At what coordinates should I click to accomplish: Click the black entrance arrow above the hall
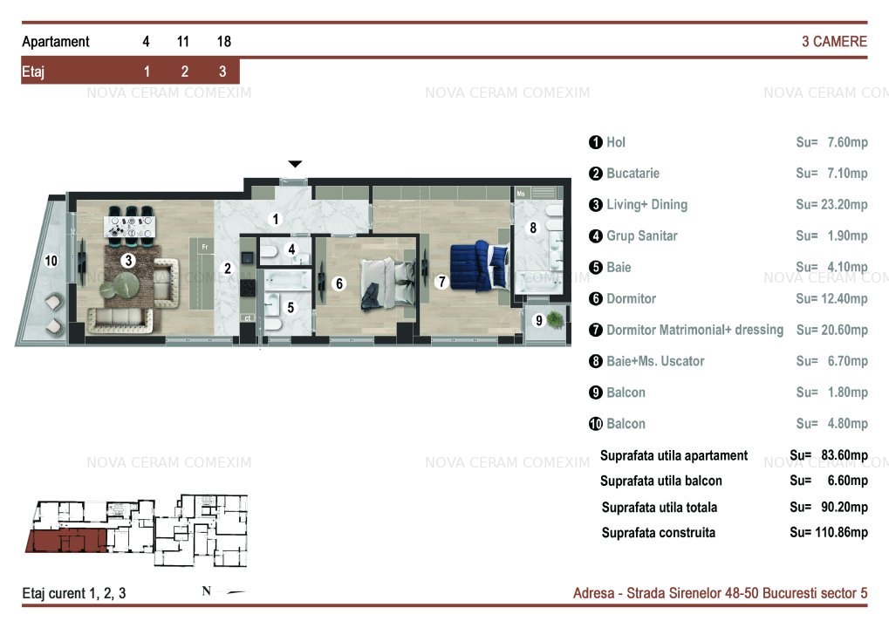(x=295, y=164)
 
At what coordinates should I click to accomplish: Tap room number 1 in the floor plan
(x=276, y=219)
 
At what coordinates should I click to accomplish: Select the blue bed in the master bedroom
(x=478, y=266)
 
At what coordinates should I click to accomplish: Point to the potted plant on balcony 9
(x=555, y=320)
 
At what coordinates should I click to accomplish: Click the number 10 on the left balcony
(x=51, y=261)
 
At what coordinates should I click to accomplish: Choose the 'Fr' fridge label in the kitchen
(x=205, y=247)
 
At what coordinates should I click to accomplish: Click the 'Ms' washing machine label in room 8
(x=521, y=194)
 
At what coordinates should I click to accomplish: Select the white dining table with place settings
(x=129, y=227)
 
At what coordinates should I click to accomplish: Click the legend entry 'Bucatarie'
(x=633, y=174)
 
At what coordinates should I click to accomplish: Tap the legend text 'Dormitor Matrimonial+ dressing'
(x=694, y=330)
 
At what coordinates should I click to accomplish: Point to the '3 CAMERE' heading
(x=834, y=41)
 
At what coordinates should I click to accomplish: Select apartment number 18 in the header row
(x=224, y=41)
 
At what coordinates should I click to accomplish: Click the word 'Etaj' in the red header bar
(x=33, y=72)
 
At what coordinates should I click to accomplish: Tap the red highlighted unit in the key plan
(x=67, y=541)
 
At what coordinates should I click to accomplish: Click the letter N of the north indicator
(x=207, y=591)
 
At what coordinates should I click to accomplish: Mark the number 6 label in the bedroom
(x=339, y=283)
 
